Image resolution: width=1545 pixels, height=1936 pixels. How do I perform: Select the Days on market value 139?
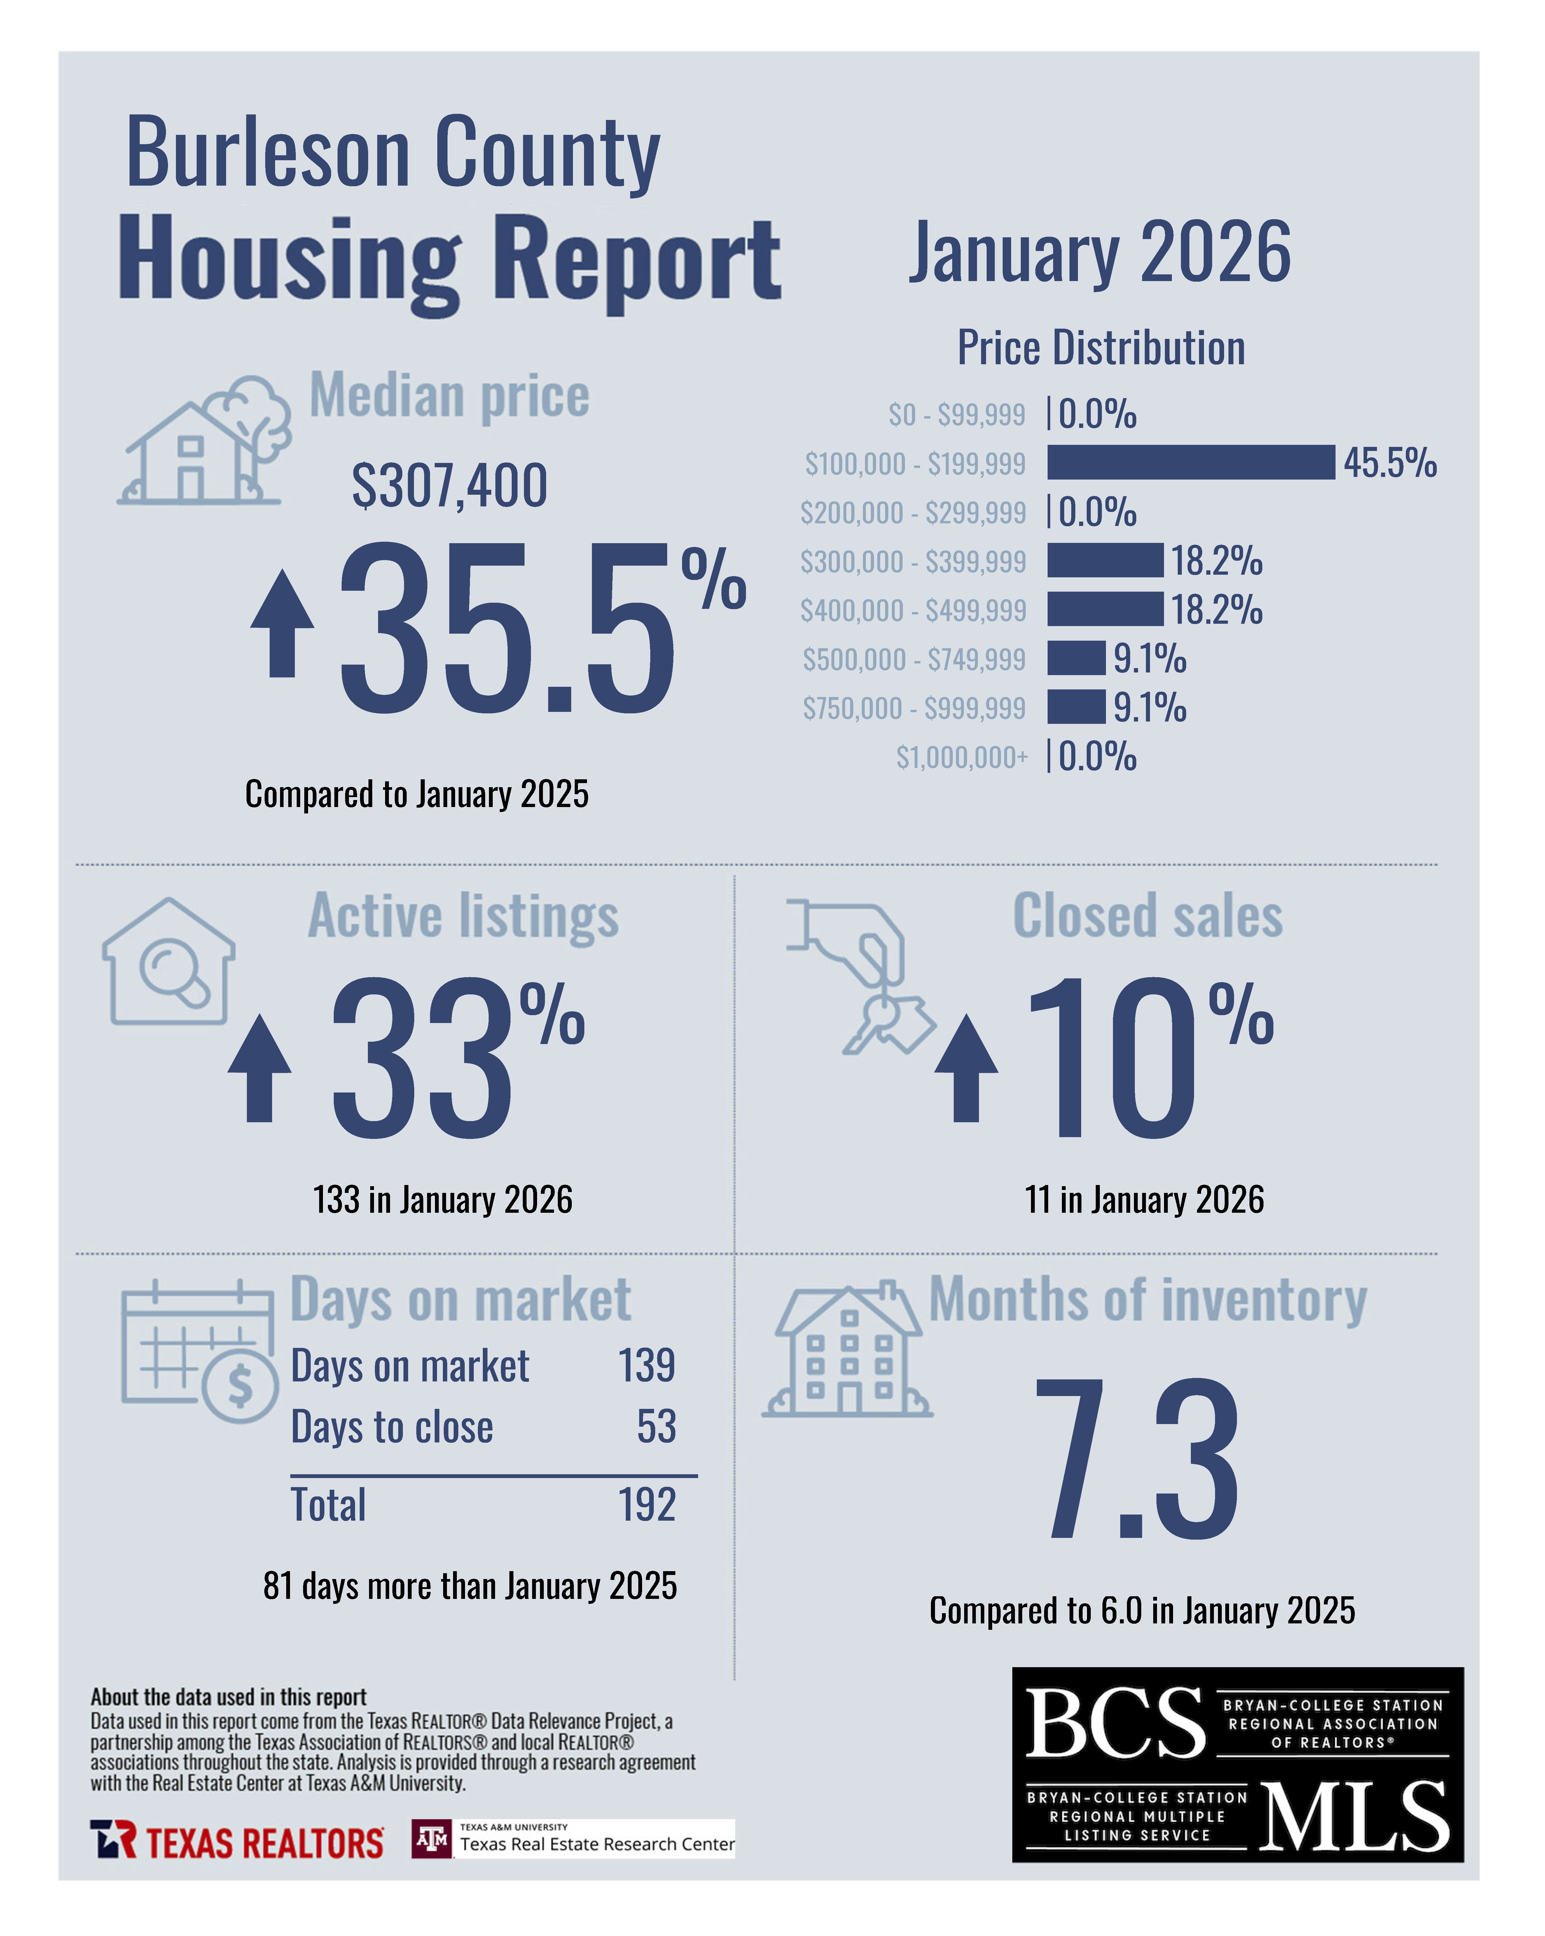[646, 1366]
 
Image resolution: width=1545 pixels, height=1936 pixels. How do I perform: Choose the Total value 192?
[646, 1505]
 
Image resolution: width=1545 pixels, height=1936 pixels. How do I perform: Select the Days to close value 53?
[656, 1427]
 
